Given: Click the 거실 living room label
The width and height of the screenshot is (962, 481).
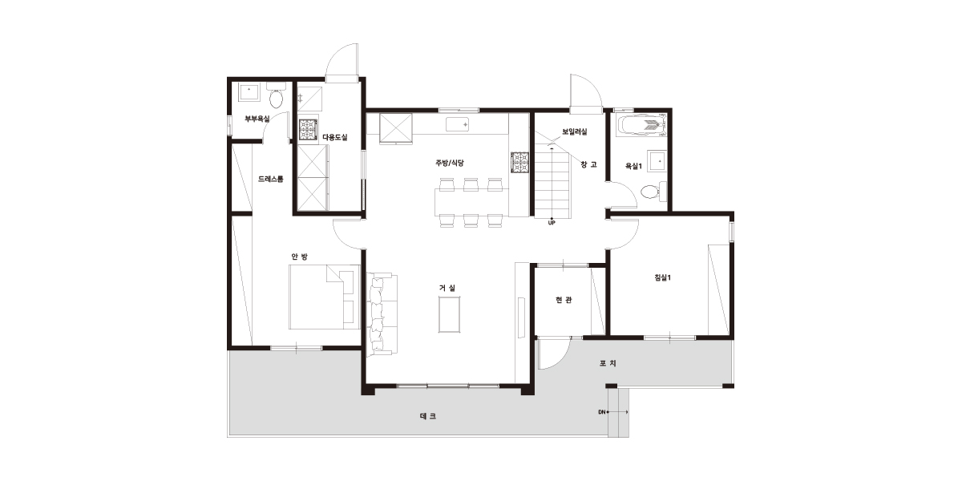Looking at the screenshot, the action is tap(447, 288).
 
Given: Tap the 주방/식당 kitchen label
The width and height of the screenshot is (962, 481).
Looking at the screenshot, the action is tap(450, 163).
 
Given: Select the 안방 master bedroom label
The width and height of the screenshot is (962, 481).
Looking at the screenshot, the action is tap(299, 257).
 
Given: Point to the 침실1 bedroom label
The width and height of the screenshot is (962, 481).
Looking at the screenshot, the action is tap(663, 277).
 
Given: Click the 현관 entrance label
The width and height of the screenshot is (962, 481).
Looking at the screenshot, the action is tap(564, 300).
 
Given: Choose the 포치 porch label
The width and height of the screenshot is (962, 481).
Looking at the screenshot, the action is tap(608, 363).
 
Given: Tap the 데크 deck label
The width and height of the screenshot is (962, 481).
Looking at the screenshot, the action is tap(428, 416).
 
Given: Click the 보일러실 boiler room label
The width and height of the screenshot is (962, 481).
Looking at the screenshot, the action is tap(575, 131).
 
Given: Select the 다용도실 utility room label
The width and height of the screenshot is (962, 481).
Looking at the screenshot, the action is tap(335, 137).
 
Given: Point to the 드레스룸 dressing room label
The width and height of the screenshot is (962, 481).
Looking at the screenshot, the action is tap(271, 179).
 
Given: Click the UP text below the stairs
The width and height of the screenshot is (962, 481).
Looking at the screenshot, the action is tap(552, 223).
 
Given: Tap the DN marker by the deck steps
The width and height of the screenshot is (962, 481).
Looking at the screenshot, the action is tap(602, 412).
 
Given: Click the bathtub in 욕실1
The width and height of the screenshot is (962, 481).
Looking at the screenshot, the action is tap(641, 125).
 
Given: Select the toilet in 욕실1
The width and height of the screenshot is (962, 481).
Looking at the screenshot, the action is tap(653, 192).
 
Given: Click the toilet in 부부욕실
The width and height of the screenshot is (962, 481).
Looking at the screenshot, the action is tap(276, 95).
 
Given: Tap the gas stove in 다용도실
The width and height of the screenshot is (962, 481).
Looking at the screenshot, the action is tap(309, 130).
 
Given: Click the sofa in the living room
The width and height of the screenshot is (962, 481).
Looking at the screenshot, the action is tap(382, 314).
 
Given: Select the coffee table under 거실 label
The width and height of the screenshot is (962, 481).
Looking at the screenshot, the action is tap(449, 314).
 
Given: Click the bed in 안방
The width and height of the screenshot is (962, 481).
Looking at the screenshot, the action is tap(324, 297).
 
